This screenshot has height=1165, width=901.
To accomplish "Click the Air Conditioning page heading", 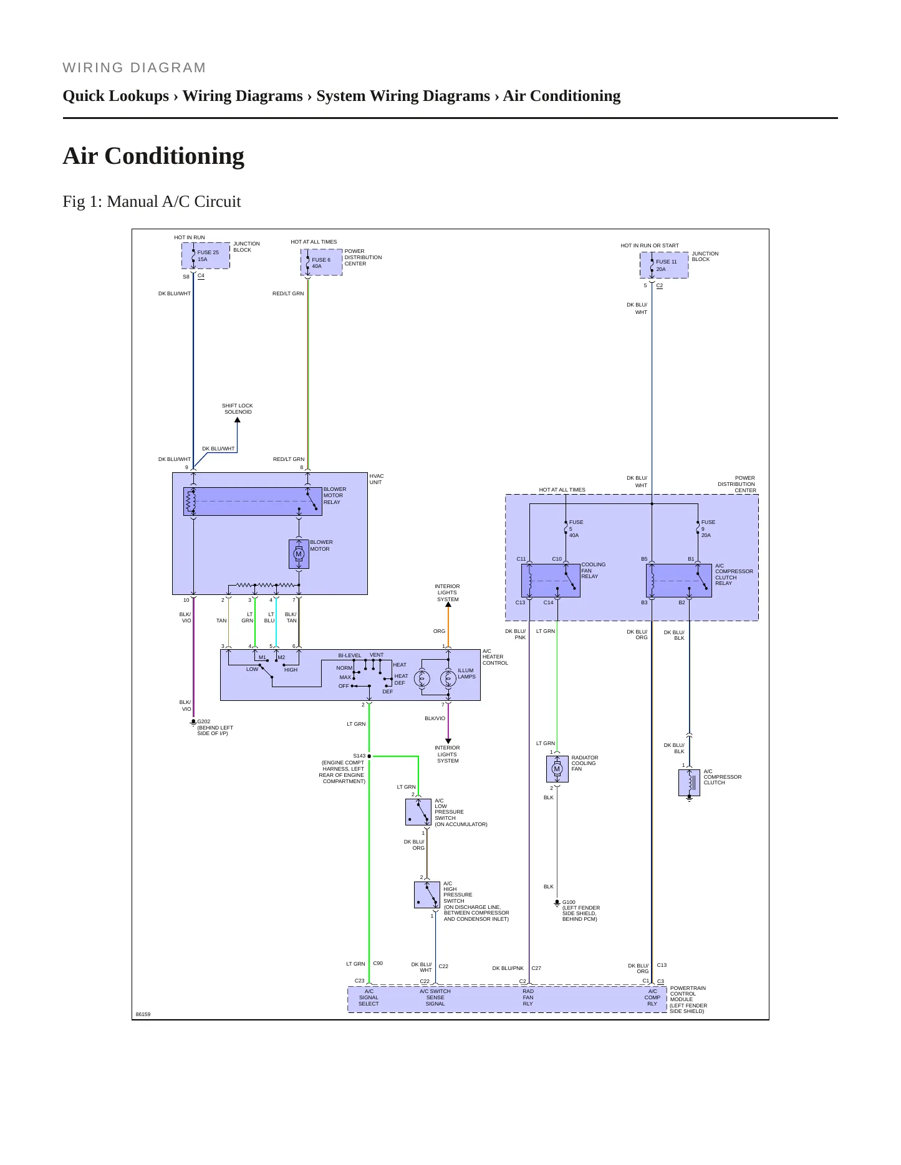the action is point(153,156).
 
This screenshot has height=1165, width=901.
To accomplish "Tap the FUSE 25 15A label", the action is point(208,255).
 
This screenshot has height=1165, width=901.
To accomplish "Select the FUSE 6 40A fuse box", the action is point(322,262).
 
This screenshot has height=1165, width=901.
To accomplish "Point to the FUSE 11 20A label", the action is point(666,265).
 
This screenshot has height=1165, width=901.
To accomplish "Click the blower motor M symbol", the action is point(299,554).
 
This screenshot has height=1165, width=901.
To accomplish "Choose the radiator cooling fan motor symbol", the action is point(557,769).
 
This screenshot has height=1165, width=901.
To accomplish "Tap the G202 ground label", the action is point(214,728).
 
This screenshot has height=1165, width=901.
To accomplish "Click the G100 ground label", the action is point(581,910).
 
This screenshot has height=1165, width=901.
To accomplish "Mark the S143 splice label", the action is point(359,756).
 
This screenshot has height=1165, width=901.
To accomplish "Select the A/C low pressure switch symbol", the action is point(418,812).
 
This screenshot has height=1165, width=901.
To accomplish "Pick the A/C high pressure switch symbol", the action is point(427,895).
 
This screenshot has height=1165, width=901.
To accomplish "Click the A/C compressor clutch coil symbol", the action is point(689,782).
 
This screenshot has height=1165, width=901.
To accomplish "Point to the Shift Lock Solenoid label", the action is point(238,409).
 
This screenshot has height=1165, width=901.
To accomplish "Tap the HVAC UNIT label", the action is point(377,479).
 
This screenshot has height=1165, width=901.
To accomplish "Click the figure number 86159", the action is point(143,1014).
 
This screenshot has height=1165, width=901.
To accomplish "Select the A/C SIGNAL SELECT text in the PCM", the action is point(369,997).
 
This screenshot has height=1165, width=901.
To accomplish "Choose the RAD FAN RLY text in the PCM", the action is point(528,997).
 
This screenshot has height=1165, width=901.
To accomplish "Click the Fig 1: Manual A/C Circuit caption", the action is point(152,202).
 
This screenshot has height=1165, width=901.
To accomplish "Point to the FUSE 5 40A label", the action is point(576,528).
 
